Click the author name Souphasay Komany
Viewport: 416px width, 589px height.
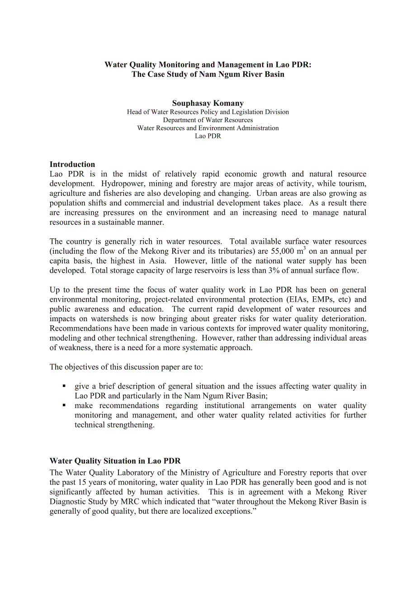208,103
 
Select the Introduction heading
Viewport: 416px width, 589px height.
72,164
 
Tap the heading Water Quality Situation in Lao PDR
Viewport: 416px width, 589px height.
115,461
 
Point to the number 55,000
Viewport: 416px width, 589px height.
284,252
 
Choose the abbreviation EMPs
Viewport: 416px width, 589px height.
322,299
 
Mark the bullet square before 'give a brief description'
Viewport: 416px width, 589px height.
64,386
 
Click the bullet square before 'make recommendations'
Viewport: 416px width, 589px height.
64,405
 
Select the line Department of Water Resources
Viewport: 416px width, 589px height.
208,120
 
